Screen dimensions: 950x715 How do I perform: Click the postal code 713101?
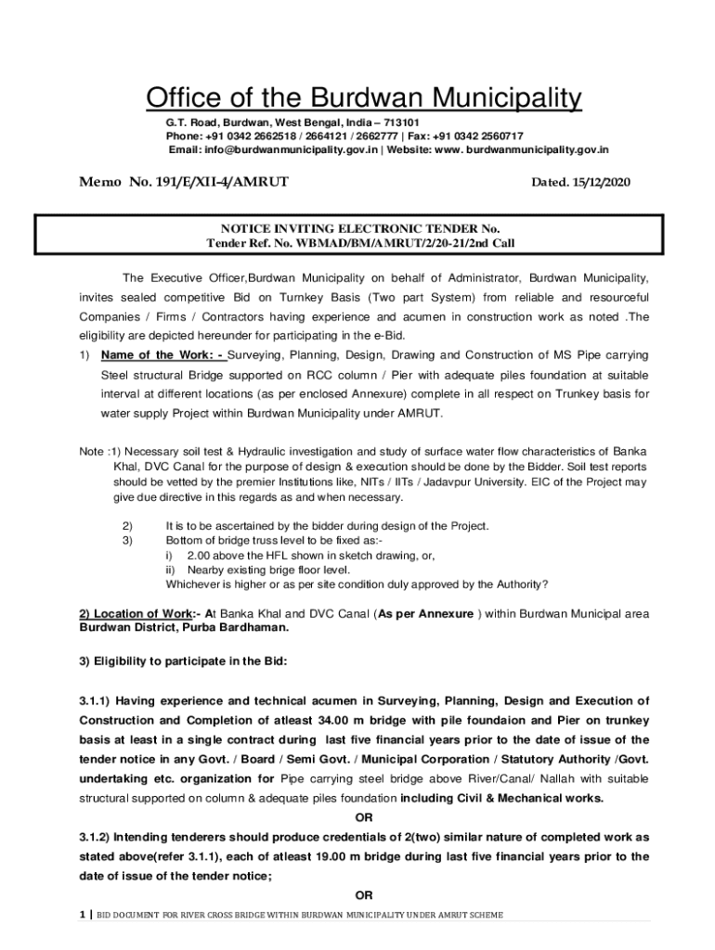401,122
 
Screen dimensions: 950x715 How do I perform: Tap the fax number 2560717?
498,135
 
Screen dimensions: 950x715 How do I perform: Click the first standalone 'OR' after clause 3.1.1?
364,817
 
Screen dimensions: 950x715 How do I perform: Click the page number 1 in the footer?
82,915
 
